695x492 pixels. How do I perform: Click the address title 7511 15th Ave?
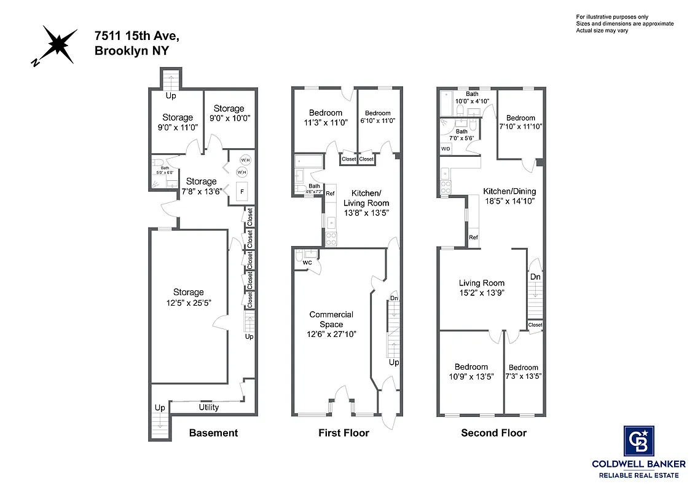(x=137, y=37)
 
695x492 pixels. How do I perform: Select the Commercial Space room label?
(x=331, y=319)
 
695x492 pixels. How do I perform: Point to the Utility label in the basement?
(x=208, y=407)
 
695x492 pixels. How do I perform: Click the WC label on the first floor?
(x=307, y=263)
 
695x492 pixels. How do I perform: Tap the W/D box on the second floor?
(x=446, y=149)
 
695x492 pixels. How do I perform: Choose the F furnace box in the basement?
(x=242, y=192)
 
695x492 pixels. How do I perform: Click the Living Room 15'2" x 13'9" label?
(x=482, y=288)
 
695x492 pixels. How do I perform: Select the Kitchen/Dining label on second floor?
(x=509, y=191)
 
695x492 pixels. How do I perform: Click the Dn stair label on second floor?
(x=535, y=277)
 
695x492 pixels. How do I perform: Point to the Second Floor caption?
(x=493, y=433)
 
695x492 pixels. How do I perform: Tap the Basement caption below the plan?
(x=213, y=433)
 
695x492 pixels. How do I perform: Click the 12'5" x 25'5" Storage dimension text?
(x=188, y=302)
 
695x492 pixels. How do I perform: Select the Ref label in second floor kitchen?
(x=473, y=237)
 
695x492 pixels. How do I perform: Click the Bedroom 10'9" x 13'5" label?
(x=471, y=371)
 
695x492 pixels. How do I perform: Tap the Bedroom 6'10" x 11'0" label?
(x=377, y=117)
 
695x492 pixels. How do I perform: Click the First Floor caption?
(x=344, y=433)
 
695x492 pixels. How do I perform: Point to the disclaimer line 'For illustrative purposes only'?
(x=612, y=17)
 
